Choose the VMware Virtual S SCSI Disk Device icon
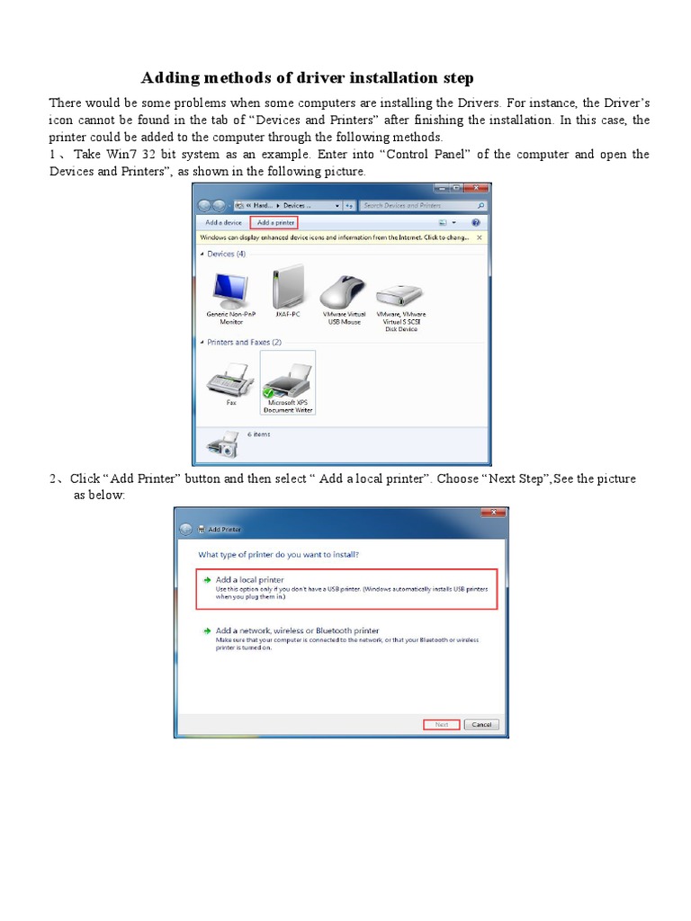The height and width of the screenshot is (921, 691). tap(400, 292)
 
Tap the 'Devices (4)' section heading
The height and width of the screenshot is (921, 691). tap(226, 255)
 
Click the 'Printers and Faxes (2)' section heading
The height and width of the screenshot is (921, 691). tap(244, 343)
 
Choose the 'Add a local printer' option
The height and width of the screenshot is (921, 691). tap(249, 580)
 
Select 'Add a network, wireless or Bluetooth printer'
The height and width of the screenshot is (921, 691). tap(297, 630)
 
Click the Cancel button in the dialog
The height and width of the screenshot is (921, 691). tap(481, 724)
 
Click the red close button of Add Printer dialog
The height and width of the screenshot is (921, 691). tap(492, 513)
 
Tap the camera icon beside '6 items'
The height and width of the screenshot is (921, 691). tap(221, 443)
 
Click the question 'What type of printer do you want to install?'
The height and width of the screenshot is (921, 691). tap(284, 555)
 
